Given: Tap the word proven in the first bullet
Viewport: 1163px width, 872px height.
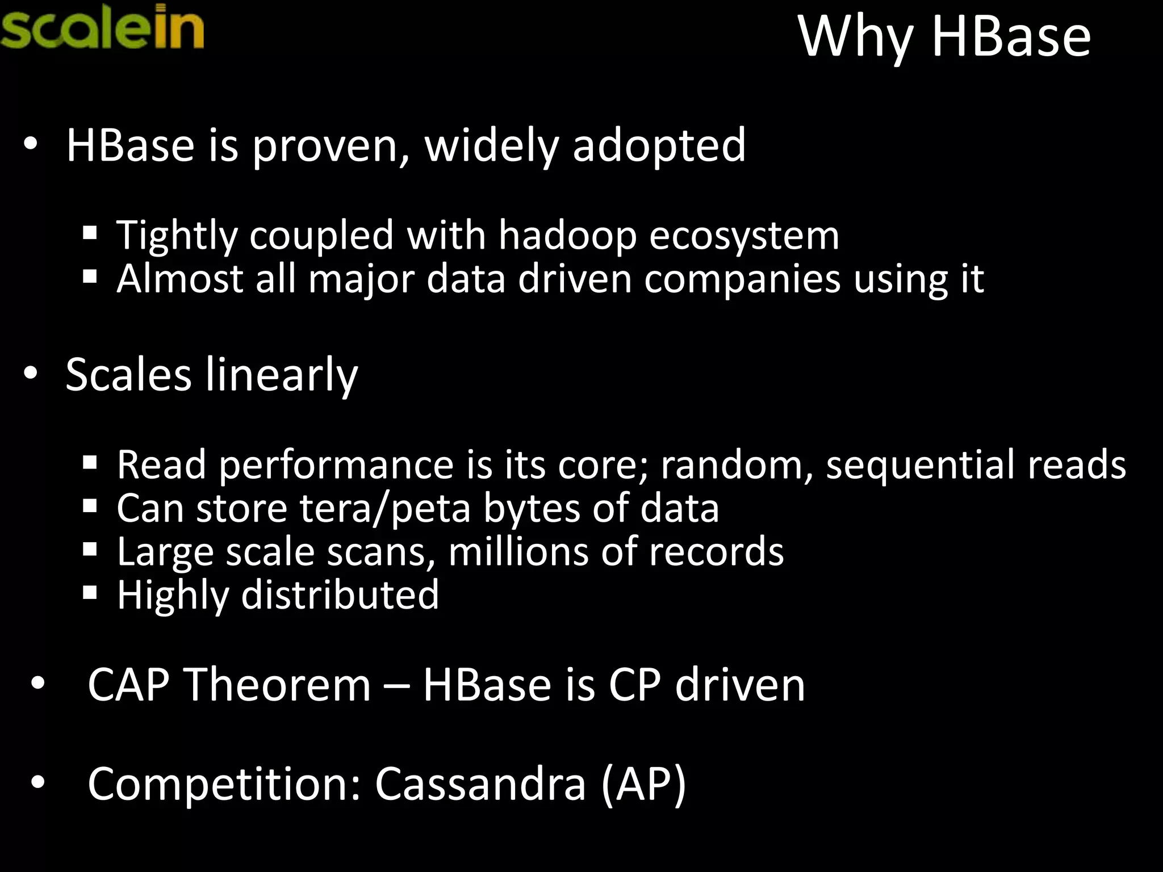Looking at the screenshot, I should pyautogui.click(x=330, y=146).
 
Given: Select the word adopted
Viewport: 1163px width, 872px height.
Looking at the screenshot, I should pyautogui.click(x=659, y=146).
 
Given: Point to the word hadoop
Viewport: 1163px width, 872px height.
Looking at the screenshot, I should pyautogui.click(x=567, y=235).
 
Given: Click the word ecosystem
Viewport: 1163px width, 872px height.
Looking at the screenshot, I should pyautogui.click(x=744, y=236).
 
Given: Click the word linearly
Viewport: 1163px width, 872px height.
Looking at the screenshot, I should pyautogui.click(x=281, y=375).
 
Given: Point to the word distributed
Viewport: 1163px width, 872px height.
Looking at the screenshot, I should pyautogui.click(x=340, y=595).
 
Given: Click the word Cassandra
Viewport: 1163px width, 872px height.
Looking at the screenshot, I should pyautogui.click(x=480, y=784).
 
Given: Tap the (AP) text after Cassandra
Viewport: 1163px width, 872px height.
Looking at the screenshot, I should pyautogui.click(x=643, y=784).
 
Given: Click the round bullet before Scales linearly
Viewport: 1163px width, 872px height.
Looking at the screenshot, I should pyautogui.click(x=31, y=374).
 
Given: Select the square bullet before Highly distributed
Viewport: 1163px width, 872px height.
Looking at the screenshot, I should pyautogui.click(x=90, y=593).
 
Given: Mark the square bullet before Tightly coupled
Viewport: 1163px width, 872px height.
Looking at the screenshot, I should pyautogui.click(x=90, y=233).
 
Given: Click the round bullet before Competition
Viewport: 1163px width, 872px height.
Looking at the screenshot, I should pyautogui.click(x=38, y=783).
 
